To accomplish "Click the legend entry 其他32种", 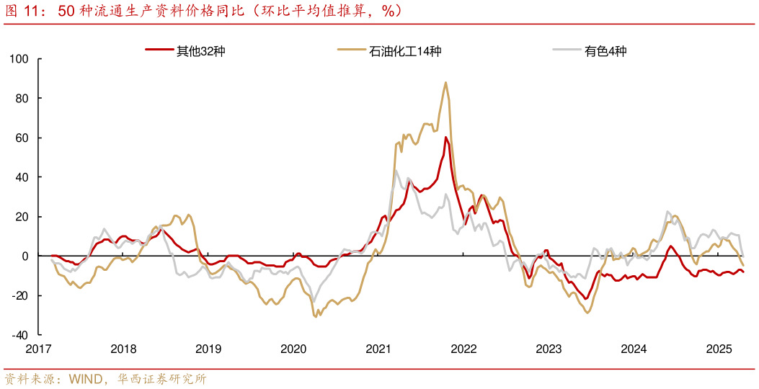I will point(186,51).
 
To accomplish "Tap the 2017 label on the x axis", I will point(39,349).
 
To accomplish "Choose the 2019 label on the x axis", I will point(208,349).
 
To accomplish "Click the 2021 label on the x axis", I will point(378,349).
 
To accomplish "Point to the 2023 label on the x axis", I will point(549,349).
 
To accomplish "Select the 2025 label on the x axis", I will point(719,349).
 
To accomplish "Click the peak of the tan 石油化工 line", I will point(445,82).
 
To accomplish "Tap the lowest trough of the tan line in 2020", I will point(316,316).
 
